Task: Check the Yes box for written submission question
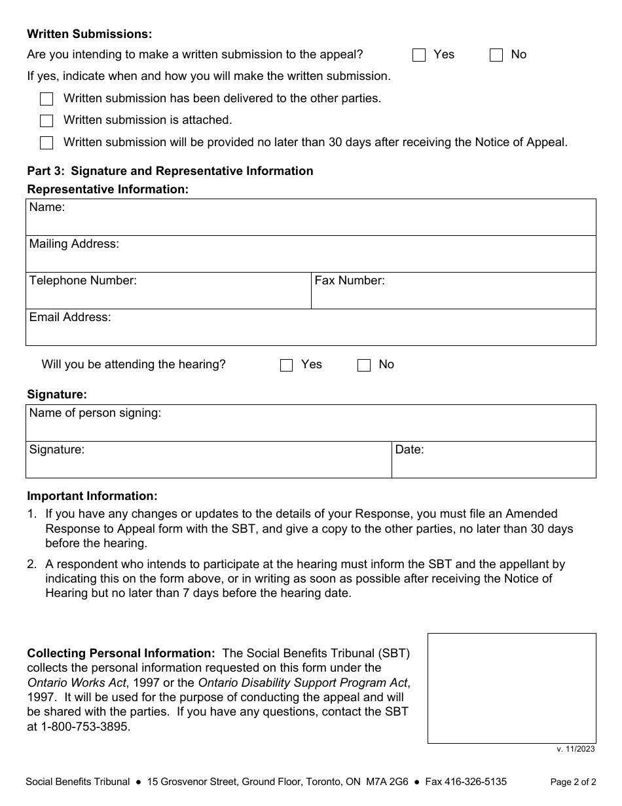(419, 55)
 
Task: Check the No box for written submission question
(496, 55)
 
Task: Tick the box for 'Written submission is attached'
(46, 121)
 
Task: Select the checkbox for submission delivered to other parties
(46, 99)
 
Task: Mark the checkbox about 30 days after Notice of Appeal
(46, 143)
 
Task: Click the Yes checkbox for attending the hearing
(286, 365)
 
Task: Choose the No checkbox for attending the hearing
(364, 365)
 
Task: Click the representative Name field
(311, 221)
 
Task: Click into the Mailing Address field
(311, 258)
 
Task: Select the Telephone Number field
(168, 295)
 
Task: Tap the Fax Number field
(453, 295)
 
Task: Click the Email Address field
(311, 332)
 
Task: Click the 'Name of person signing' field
(311, 427)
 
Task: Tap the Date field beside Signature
(494, 464)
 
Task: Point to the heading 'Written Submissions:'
(89, 34)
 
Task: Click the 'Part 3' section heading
(170, 171)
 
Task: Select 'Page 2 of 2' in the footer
(573, 782)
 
